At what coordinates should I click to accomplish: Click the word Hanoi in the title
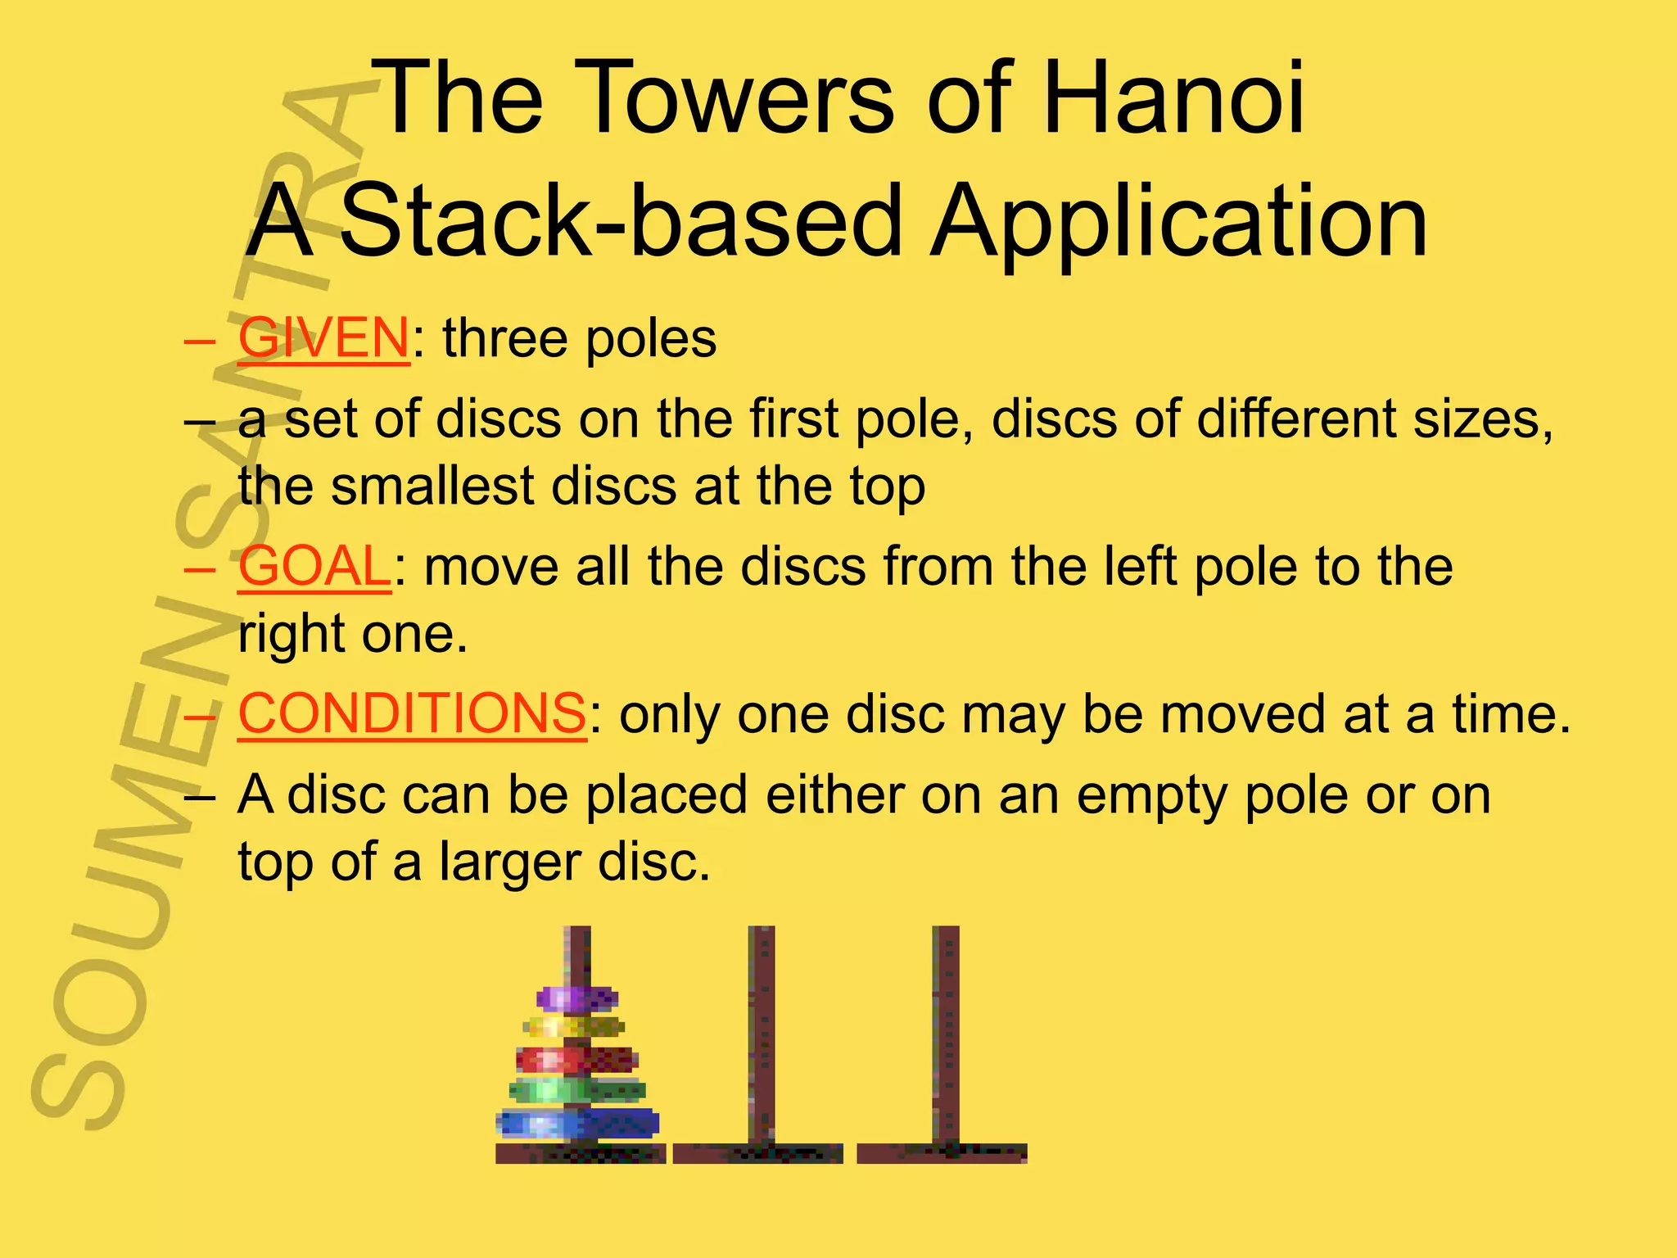(x=1174, y=98)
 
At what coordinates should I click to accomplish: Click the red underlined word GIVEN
(x=323, y=338)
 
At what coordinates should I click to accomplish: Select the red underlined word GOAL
(x=315, y=567)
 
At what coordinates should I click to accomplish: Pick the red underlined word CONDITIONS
(x=412, y=713)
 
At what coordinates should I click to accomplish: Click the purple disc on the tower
(x=577, y=998)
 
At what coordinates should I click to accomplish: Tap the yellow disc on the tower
(x=576, y=1027)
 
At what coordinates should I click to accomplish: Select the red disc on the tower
(x=576, y=1060)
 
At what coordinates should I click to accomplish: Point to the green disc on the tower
(x=577, y=1091)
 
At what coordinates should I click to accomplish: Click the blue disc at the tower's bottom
(x=577, y=1123)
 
